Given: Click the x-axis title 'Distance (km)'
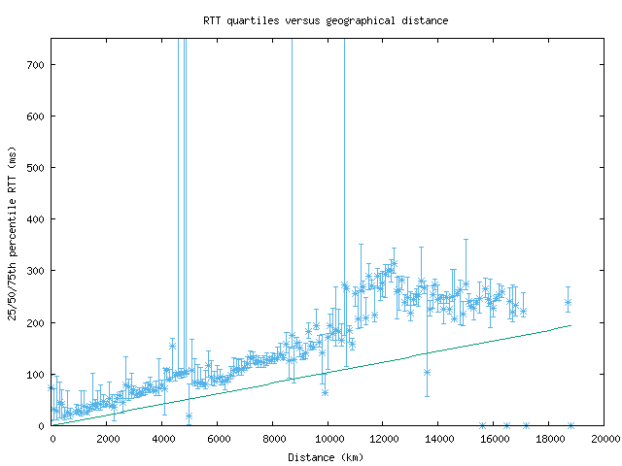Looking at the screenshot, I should [327, 456].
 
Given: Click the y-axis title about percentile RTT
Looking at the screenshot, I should [13, 233].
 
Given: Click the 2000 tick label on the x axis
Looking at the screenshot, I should [108, 439].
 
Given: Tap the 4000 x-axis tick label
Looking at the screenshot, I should [162, 439].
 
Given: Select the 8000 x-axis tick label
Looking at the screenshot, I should [273, 439].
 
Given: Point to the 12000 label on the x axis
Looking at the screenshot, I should [383, 439].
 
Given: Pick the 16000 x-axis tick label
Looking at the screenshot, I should [494, 439].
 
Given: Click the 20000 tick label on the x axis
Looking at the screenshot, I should [604, 439].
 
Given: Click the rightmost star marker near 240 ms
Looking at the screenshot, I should [568, 303].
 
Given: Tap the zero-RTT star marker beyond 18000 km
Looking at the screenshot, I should [570, 425].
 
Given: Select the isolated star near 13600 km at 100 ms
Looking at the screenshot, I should [427, 372].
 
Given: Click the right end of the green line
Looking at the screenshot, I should [570, 325].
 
